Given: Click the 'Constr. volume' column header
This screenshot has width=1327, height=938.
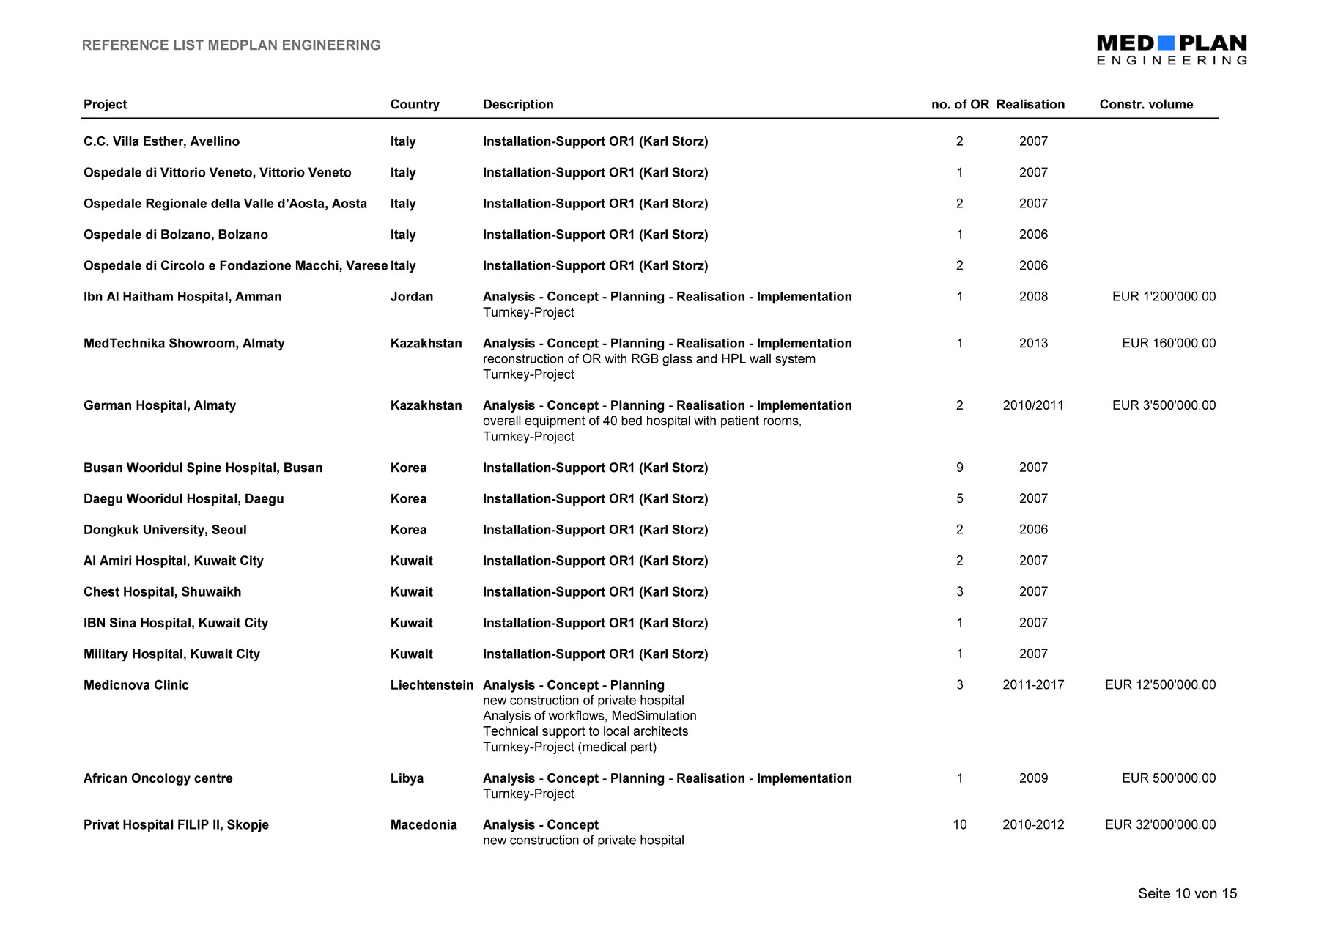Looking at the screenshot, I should click(1146, 105).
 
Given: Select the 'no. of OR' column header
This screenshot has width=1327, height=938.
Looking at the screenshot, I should click(960, 105).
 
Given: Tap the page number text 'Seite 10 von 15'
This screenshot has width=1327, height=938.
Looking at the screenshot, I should click(1187, 893).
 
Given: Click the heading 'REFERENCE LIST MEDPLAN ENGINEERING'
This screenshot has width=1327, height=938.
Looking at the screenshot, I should click(231, 45).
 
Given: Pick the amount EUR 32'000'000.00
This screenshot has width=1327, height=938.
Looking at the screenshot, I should click(1160, 825).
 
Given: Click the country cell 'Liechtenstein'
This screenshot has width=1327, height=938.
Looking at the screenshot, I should click(432, 685).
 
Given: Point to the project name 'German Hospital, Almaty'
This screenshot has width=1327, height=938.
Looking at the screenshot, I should click(160, 406).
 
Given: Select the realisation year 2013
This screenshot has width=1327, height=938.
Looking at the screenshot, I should click(1033, 344).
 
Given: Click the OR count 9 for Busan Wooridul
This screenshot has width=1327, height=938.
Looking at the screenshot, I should click(960, 468).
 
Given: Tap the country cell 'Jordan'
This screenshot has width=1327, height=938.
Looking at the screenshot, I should click(412, 297).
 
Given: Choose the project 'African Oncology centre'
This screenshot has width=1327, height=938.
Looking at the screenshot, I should click(158, 778).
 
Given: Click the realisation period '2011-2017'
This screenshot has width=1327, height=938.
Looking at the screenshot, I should click(1033, 685).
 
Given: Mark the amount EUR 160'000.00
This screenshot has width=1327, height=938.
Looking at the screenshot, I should click(1169, 344).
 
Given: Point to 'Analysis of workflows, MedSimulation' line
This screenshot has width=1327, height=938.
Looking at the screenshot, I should click(589, 716).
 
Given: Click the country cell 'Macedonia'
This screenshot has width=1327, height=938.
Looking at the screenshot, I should click(424, 825).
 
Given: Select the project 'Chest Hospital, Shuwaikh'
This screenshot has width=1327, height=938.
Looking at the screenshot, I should click(162, 592).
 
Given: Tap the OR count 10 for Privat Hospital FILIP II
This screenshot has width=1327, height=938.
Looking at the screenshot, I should click(960, 825).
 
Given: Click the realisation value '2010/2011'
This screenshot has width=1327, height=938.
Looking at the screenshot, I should click(1033, 406).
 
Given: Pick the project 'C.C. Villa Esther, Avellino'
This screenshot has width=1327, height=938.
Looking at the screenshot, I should click(161, 141).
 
